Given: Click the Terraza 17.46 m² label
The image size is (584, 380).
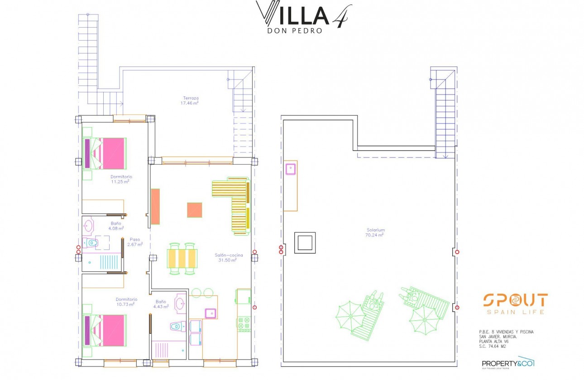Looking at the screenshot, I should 191,100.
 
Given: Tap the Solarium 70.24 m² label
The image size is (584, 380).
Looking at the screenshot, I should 375,233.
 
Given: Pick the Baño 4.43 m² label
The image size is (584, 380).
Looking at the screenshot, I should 162,304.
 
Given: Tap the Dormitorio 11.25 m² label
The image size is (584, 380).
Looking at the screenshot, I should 120,179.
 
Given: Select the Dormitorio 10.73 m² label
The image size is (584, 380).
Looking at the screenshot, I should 126,302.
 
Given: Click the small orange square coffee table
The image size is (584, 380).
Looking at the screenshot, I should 195,210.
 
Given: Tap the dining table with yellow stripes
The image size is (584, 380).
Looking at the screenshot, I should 183,259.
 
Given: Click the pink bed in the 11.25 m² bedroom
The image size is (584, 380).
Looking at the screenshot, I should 109,153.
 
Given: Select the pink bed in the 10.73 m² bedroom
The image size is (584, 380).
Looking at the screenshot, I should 109,331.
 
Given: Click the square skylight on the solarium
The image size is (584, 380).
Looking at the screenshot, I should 305,243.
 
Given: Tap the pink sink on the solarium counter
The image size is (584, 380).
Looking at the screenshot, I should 290,169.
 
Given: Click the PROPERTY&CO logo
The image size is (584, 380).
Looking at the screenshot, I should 508,363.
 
